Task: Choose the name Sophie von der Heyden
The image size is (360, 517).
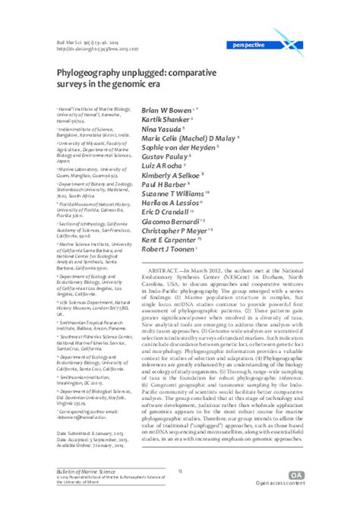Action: (179, 146)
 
